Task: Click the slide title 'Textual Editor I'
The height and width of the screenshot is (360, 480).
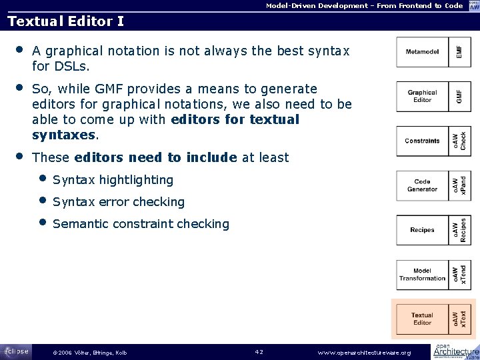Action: point(65,21)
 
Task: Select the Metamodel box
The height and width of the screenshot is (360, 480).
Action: point(422,52)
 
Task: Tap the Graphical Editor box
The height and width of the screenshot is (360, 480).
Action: point(422,96)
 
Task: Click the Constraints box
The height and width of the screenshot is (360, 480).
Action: point(422,141)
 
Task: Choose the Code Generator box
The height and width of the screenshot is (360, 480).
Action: point(422,185)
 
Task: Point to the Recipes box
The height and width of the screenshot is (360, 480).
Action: point(422,230)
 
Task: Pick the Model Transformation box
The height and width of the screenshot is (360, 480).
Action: point(422,275)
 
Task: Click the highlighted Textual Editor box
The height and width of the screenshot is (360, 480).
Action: point(422,319)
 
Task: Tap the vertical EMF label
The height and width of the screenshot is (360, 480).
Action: point(459,52)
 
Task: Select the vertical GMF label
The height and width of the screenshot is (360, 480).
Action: point(459,96)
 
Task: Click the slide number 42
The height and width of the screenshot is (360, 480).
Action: point(260,351)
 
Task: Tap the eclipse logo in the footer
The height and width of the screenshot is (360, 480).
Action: point(16,351)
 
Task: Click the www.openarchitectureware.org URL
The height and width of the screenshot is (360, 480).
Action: point(364,352)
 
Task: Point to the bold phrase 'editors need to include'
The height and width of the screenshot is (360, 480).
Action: point(155,158)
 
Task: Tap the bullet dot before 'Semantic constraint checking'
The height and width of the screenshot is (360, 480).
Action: point(43,223)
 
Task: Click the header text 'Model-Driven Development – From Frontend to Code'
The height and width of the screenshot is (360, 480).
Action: point(364,5)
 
